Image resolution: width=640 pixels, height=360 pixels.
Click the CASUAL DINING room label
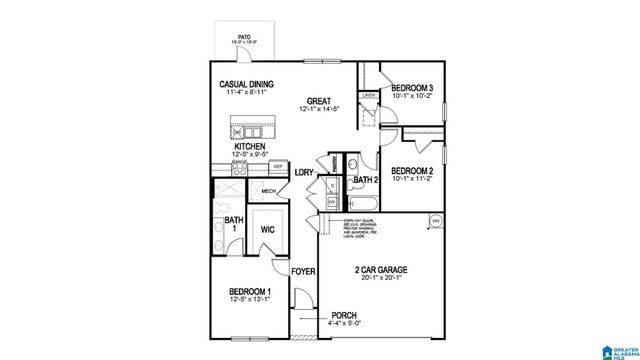[x=248, y=85]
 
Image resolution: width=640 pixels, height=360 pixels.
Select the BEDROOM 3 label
[x=412, y=89]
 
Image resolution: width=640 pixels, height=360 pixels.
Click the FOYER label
[x=303, y=270]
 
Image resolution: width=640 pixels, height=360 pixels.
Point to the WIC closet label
[x=267, y=229]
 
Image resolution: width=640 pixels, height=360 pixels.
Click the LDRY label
[x=304, y=172]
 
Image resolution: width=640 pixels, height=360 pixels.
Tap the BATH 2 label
[x=365, y=181]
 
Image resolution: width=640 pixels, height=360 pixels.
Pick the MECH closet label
[x=268, y=191]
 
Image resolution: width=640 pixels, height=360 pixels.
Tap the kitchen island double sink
[x=246, y=129]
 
